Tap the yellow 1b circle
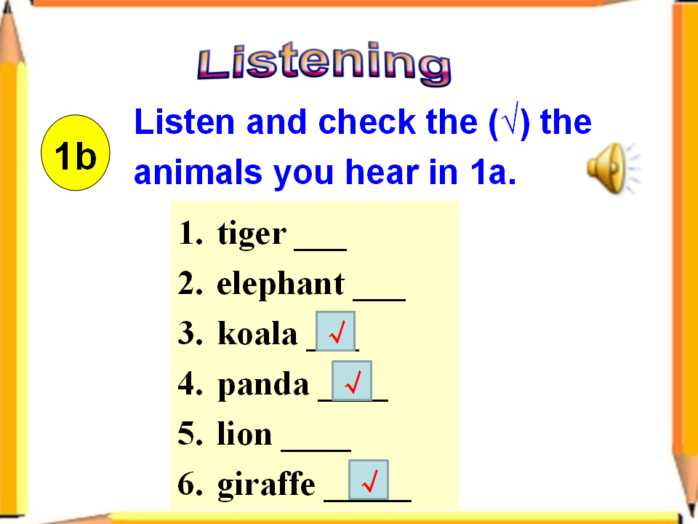[x=75, y=153]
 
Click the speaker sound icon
[x=614, y=168]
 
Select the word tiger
[x=252, y=234]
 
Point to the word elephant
[x=281, y=283]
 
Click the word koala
[x=257, y=333]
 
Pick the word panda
[x=263, y=384]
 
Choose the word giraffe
[x=266, y=485]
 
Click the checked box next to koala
[x=336, y=332]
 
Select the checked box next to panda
[x=352, y=381]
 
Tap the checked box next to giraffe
[x=369, y=480]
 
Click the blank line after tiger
[x=321, y=250]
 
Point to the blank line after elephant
[x=380, y=300]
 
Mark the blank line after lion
[x=316, y=450]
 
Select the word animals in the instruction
[x=198, y=172]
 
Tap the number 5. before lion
[x=190, y=434]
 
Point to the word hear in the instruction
[x=382, y=172]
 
